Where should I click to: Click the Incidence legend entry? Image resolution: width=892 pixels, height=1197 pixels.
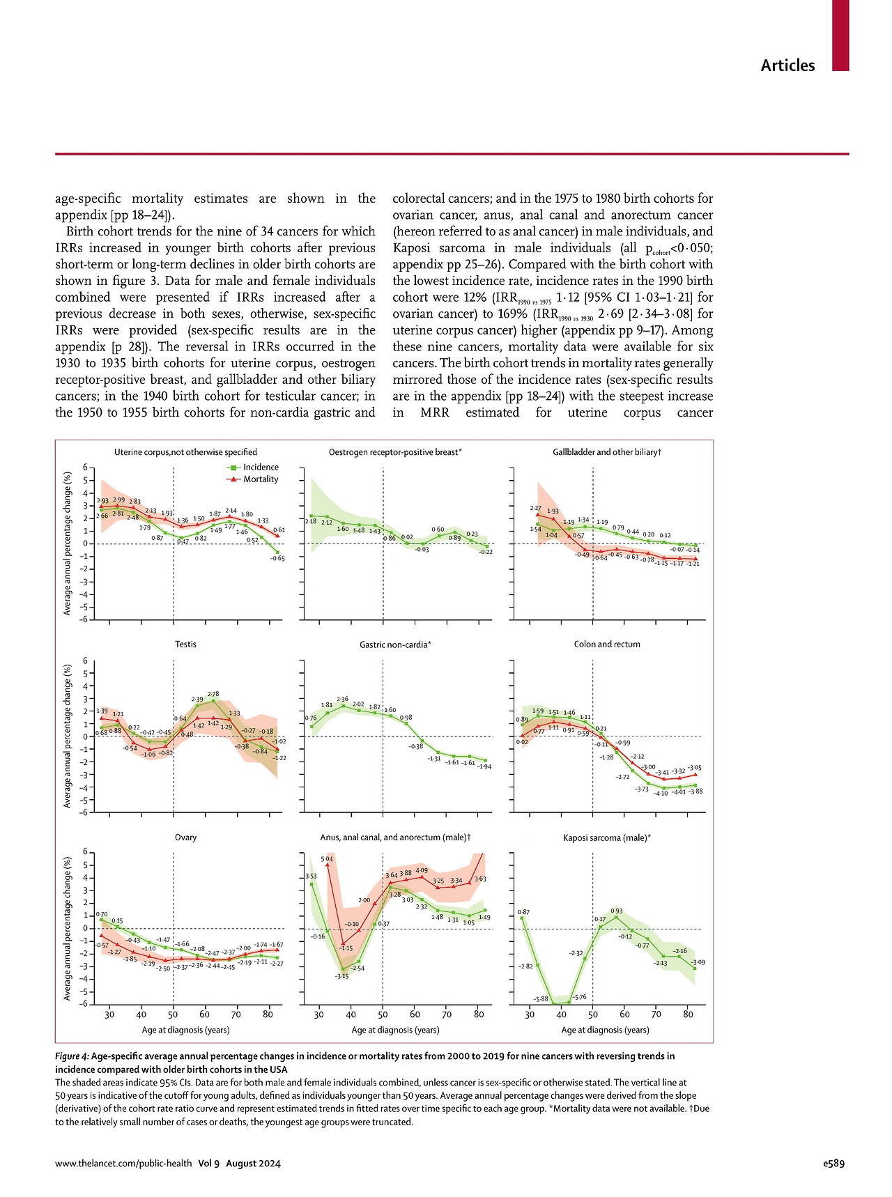[260, 467]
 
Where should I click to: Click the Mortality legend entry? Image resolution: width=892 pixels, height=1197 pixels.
[260, 479]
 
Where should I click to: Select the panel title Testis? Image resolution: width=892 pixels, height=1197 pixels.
[185, 644]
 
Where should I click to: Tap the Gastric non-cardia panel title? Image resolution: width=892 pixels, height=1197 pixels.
[395, 644]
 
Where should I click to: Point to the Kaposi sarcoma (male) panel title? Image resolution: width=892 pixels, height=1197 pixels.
[606, 837]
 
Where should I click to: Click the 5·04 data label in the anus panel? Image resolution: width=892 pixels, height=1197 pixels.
[327, 859]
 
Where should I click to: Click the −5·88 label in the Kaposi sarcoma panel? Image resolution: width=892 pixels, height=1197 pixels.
[541, 998]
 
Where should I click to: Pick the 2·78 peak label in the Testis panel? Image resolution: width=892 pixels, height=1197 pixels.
[213, 694]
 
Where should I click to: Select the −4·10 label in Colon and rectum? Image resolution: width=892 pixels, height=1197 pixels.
[661, 794]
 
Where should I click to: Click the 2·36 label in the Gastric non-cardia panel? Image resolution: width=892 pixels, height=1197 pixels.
[342, 699]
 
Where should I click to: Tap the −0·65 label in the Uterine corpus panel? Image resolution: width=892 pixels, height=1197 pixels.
[277, 558]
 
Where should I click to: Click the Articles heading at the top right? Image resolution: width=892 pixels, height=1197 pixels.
[787, 65]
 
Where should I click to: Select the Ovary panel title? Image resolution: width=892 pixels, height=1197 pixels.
[185, 837]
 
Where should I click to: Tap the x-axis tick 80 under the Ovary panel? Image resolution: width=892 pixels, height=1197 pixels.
[268, 1014]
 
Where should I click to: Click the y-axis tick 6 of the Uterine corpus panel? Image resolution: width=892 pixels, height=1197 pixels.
[85, 468]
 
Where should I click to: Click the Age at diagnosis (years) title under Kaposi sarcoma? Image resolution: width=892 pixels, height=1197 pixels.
[605, 1030]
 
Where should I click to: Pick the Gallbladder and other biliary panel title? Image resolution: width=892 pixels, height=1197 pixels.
[606, 452]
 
